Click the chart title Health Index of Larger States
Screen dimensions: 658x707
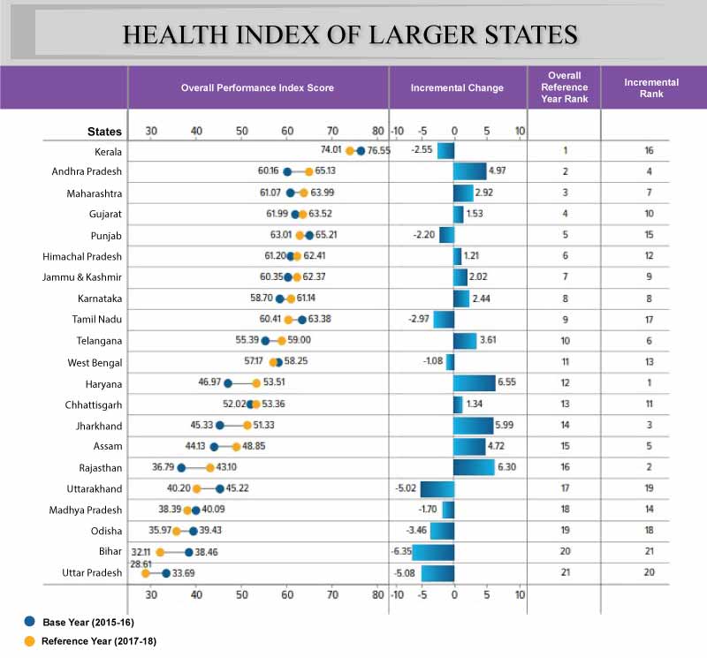coord(350,34)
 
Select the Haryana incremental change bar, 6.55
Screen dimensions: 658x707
coord(474,383)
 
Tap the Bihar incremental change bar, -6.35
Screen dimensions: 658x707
coord(433,552)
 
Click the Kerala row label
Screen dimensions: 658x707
coord(108,151)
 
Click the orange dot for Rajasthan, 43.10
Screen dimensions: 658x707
coord(210,467)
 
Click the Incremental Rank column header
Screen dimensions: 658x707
coord(650,87)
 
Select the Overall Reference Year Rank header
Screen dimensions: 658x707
coord(564,87)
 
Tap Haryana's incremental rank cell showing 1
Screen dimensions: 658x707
coord(650,383)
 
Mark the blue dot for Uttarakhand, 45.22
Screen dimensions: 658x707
coord(220,488)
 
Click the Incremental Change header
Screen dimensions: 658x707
coord(457,88)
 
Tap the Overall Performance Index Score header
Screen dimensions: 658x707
coord(257,88)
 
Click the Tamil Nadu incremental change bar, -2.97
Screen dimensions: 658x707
coord(443,320)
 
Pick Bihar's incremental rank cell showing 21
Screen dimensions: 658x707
coord(650,552)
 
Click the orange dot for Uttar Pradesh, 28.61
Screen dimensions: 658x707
coord(146,574)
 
